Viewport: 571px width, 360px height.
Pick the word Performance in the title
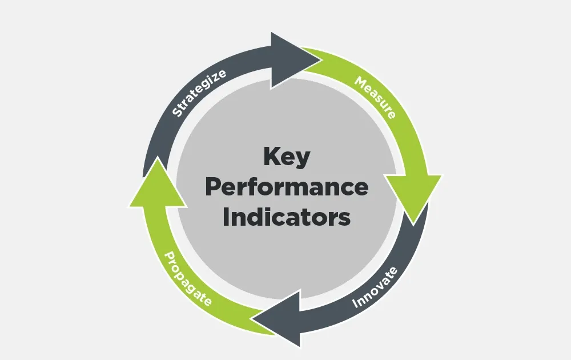click(286, 187)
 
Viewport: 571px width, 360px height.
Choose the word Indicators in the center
click(286, 218)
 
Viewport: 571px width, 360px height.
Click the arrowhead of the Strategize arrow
click(288, 60)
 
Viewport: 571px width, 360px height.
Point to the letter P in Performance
click(212, 187)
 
